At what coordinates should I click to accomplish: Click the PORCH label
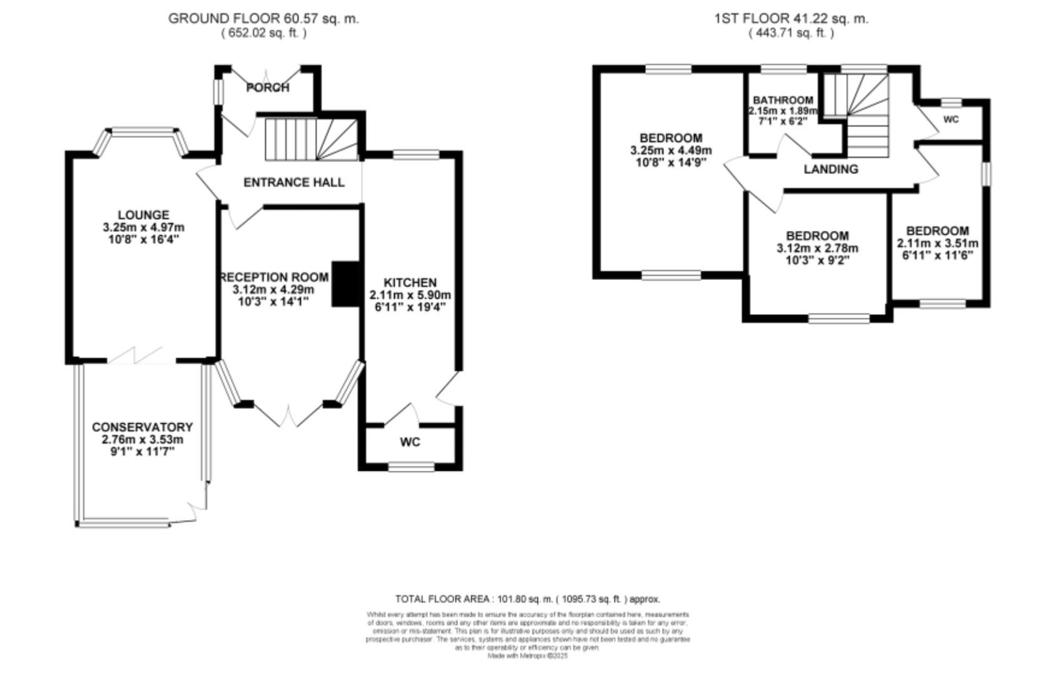click(x=268, y=88)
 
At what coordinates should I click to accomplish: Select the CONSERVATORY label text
click(x=142, y=427)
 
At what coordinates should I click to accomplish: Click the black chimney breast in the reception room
click(x=344, y=284)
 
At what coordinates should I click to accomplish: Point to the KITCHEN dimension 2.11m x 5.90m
click(x=410, y=295)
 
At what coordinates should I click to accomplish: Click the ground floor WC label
click(x=410, y=443)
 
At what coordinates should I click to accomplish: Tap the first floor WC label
click(x=951, y=120)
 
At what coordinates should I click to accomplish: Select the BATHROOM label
click(x=783, y=100)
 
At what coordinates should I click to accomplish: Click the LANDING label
click(x=830, y=169)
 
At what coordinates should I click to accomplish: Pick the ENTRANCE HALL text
click(x=293, y=182)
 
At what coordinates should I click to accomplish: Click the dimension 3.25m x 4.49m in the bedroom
click(x=671, y=150)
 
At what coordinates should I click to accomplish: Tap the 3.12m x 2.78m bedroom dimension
click(x=817, y=248)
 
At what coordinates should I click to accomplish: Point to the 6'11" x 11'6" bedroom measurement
click(x=937, y=255)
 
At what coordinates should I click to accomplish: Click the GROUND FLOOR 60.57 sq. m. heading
click(x=263, y=19)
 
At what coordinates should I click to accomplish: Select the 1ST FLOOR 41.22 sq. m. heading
click(x=791, y=19)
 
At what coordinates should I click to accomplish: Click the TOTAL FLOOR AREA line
click(x=527, y=599)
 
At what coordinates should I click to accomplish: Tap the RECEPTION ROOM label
click(x=274, y=277)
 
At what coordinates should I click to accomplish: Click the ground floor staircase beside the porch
click(x=311, y=140)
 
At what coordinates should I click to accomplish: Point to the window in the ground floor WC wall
click(x=411, y=467)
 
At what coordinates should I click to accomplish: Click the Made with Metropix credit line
click(x=527, y=656)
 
